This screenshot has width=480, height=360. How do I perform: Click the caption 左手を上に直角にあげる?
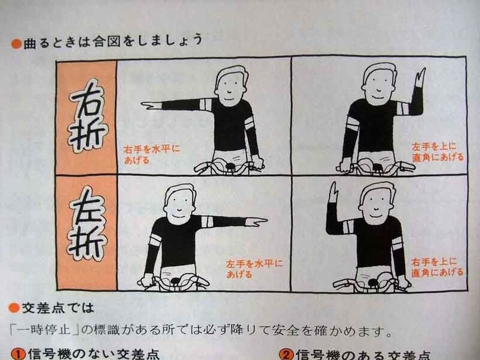click(437, 151)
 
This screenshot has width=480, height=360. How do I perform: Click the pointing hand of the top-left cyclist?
click(150, 106)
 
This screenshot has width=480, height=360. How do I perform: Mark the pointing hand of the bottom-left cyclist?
click(257, 221)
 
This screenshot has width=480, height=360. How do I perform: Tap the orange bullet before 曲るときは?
click(16, 43)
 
